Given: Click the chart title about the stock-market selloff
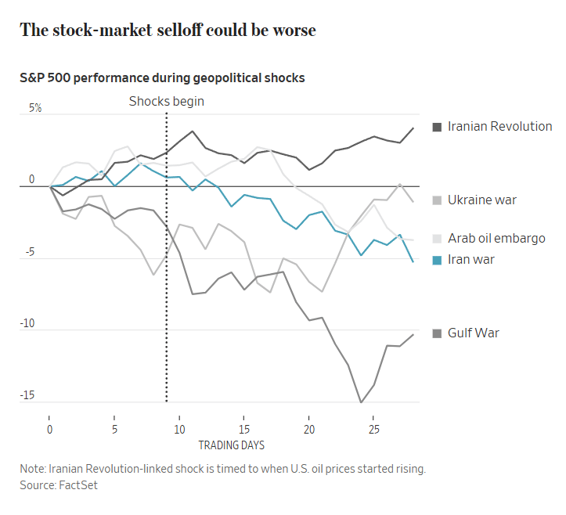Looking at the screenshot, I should click(168, 31).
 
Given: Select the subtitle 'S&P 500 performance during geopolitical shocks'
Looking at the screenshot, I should click(162, 78).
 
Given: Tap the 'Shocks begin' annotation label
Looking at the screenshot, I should click(166, 101).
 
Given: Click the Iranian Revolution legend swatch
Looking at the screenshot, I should click(437, 127).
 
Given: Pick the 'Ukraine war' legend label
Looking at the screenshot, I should click(481, 200).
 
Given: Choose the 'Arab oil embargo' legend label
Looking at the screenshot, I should click(496, 238).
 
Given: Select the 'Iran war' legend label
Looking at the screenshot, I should click(470, 259).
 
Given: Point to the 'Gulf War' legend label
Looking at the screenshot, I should click(473, 333).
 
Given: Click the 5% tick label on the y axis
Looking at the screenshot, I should click(35, 108).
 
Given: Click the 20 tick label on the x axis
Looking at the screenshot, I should click(309, 430).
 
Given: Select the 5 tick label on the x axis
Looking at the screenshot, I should click(114, 430).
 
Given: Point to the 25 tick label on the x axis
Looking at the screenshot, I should click(373, 430).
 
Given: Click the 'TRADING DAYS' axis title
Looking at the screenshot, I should click(231, 445).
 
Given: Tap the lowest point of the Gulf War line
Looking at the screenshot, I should click(361, 402).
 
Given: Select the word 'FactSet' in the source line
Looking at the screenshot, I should click(79, 485).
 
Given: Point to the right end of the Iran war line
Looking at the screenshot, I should click(413, 261).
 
